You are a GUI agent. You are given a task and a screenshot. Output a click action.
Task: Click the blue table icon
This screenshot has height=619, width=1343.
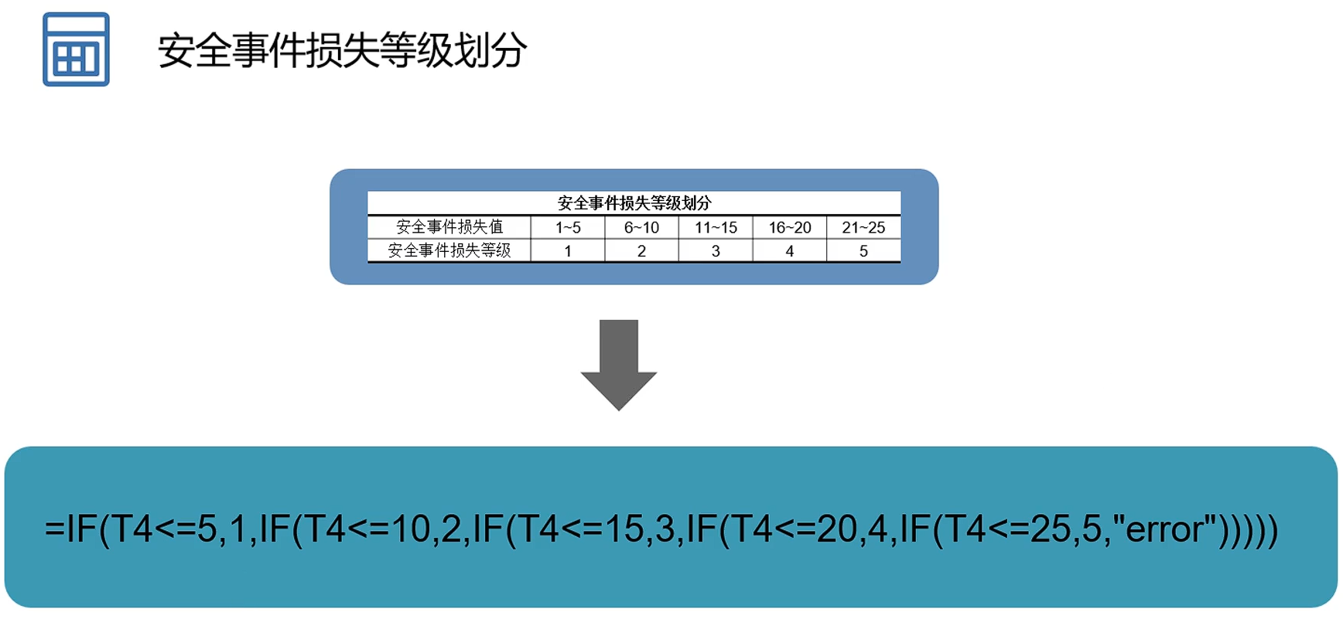(x=76, y=49)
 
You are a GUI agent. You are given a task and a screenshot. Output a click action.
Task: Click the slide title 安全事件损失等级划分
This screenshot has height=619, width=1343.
(x=343, y=51)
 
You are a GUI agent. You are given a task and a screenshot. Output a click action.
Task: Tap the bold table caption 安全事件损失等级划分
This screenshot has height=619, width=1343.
(x=634, y=203)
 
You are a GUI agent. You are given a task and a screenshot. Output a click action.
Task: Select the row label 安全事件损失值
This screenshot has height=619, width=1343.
(x=449, y=227)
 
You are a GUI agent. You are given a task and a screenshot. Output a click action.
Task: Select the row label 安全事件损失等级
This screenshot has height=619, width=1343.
(x=449, y=250)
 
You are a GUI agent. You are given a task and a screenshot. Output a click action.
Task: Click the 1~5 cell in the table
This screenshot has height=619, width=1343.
(x=568, y=227)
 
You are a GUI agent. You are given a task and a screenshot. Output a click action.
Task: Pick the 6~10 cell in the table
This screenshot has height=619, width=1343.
(x=641, y=227)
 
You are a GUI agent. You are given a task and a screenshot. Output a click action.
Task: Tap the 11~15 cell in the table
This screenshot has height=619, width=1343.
(x=716, y=227)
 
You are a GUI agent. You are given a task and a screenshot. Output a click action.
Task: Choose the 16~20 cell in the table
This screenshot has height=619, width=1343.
(x=789, y=227)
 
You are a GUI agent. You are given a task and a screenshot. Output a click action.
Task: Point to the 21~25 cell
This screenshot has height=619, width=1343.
(x=863, y=227)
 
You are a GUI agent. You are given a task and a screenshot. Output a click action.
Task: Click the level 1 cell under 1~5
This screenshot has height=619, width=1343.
(x=568, y=251)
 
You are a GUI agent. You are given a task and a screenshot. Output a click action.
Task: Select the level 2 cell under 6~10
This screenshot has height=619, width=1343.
(x=641, y=251)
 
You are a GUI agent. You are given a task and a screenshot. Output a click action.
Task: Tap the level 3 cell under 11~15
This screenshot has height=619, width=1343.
(x=716, y=251)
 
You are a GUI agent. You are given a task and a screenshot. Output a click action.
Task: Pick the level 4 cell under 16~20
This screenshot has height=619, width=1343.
(x=789, y=251)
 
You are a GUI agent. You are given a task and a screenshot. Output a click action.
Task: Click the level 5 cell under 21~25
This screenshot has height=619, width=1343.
(x=863, y=251)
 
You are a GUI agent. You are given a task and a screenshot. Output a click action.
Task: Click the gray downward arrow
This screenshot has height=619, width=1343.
(x=619, y=363)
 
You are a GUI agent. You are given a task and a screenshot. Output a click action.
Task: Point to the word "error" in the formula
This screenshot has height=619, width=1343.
(x=1165, y=529)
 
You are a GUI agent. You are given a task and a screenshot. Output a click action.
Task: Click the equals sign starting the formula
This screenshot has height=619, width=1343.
(x=55, y=529)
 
